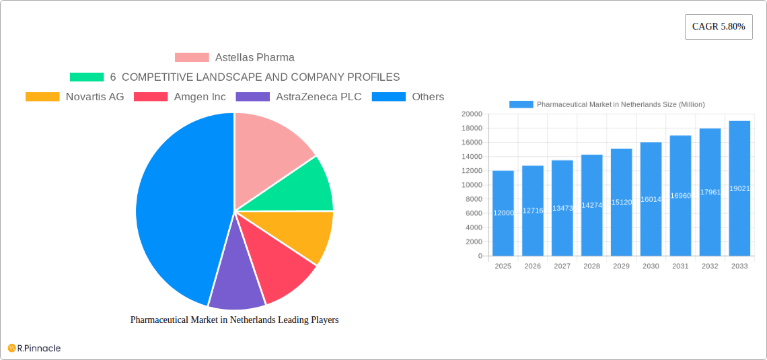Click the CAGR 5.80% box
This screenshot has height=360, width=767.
coord(718,27)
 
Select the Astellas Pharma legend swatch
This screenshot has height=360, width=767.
coord(192,58)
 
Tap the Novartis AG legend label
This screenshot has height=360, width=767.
coord(95,97)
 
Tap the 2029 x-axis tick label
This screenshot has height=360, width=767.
coord(621,266)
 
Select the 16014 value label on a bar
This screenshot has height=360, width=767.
coord(651,199)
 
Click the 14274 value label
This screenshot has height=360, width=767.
coord(591,205)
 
